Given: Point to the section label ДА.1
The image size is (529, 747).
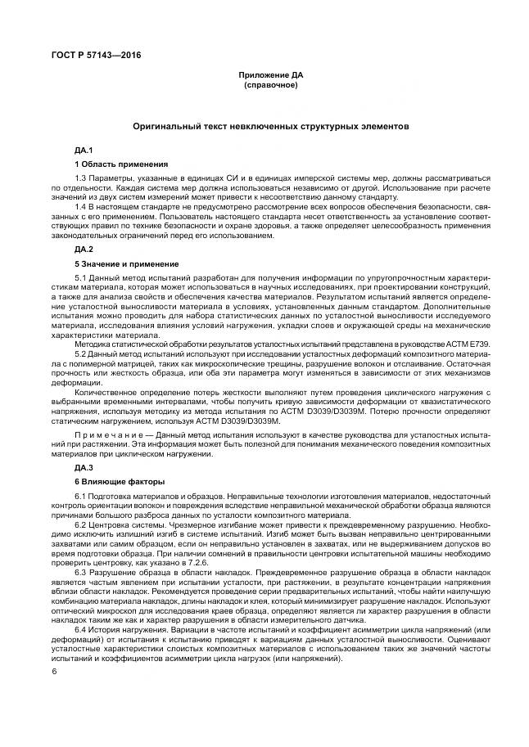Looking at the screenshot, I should click(84, 151).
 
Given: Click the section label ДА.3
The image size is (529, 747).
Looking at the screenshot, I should click(84, 466).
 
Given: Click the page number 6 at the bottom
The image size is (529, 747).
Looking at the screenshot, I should click(53, 672).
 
